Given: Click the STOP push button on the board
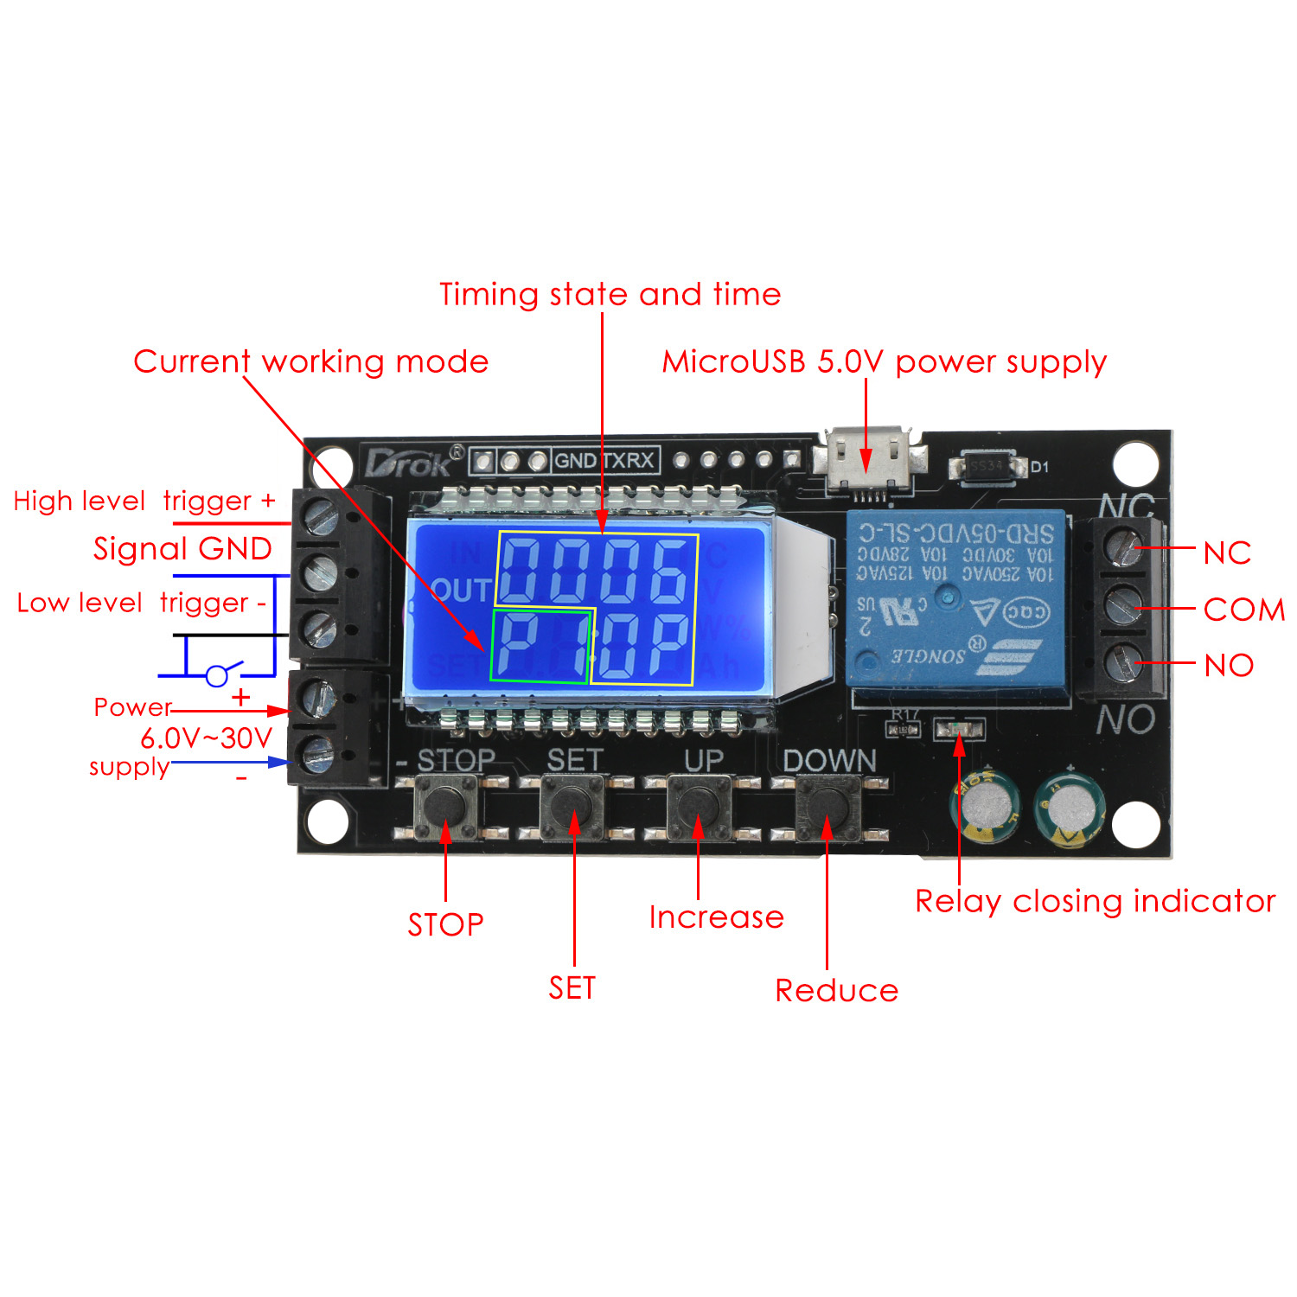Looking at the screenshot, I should tap(445, 807).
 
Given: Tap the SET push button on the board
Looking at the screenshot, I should tap(572, 807).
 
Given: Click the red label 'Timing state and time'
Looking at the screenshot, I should tap(610, 295).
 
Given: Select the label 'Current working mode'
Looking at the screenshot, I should tap(311, 361).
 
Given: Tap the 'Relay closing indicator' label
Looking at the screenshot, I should tap(1095, 901).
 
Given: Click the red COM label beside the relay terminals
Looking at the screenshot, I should tap(1243, 610).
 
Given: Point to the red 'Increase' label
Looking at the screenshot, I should tap(716, 917).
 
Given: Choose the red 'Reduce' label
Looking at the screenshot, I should tap(836, 991).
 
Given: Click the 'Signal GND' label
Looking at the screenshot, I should tap(182, 549).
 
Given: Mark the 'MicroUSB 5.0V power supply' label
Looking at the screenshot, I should tap(884, 362).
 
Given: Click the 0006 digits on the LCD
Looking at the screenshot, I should tap(596, 570).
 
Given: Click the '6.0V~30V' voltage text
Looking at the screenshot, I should tap(207, 738).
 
